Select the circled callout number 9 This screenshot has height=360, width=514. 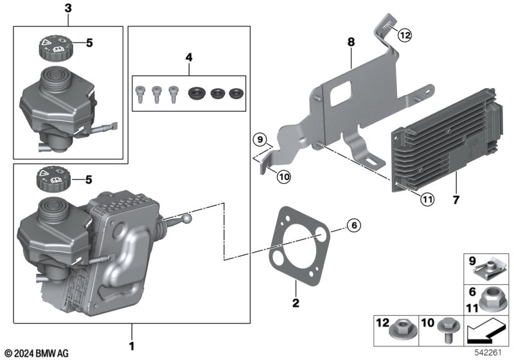point(258,139)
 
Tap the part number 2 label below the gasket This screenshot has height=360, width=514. point(296,302)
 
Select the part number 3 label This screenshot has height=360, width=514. point(68,8)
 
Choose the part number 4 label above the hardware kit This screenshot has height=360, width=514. point(189,58)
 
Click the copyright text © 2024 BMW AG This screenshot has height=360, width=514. point(36,353)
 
